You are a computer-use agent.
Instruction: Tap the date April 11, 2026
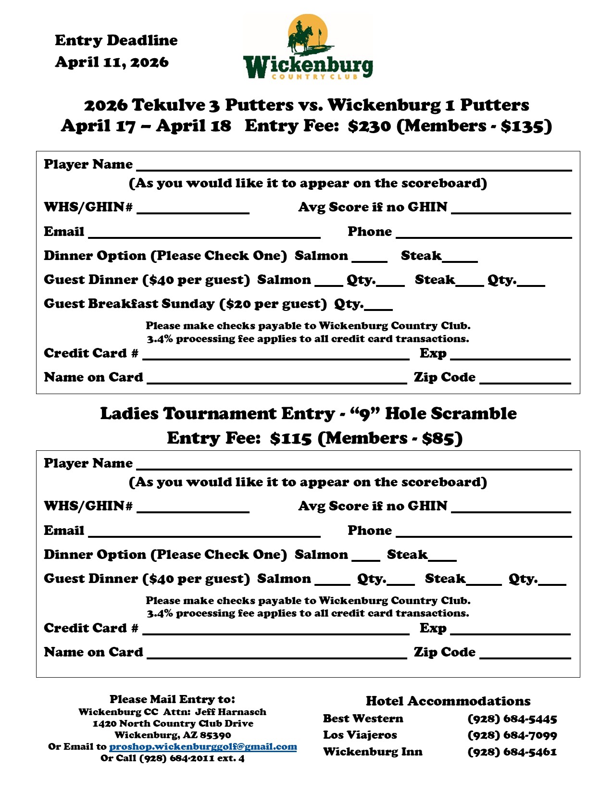click(x=112, y=62)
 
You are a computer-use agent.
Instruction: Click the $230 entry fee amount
click(x=369, y=126)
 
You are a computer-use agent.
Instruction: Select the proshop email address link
click(x=203, y=747)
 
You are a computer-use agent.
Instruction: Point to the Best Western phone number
click(x=512, y=719)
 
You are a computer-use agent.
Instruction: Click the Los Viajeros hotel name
click(x=360, y=735)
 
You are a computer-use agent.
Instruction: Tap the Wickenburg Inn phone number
click(x=512, y=752)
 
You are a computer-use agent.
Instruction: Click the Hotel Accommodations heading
click(x=448, y=701)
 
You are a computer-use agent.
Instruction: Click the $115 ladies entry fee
click(x=291, y=439)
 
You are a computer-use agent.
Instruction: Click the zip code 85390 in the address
click(x=215, y=735)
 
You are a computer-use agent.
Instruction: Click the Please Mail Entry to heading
click(x=172, y=699)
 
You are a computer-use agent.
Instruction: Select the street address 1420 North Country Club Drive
click(x=173, y=724)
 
